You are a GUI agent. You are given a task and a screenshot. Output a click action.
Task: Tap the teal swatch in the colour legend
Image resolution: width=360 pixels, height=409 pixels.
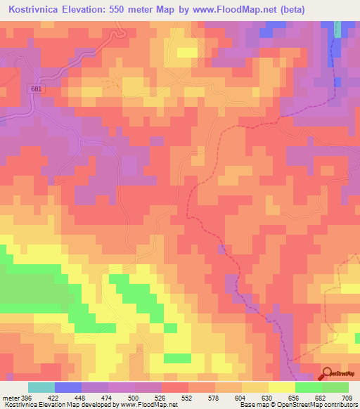point(41,387)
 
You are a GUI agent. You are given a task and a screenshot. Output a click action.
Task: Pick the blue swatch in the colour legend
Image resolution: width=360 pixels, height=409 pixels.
point(68,387)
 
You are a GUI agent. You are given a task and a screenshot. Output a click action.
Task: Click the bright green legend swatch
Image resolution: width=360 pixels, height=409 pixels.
point(309,387)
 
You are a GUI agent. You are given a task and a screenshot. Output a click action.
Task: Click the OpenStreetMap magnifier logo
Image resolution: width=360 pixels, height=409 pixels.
point(326,374)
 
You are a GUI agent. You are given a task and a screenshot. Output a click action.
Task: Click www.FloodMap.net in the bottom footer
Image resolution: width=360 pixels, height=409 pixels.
point(148,405)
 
